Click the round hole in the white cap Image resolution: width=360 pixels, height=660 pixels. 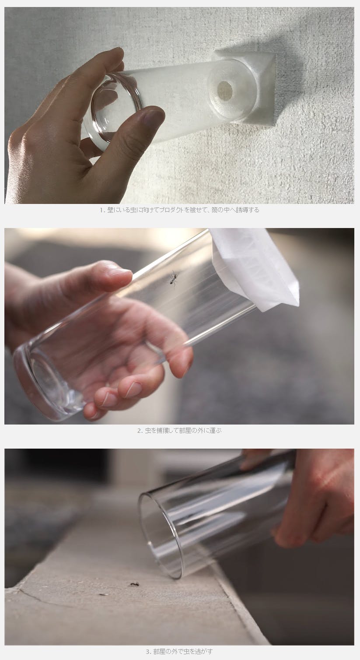coord(224,89)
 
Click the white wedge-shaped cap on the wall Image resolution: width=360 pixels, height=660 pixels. coord(243,88)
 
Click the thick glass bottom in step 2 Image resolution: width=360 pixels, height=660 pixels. coord(49,383)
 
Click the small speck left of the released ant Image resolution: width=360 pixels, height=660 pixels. coord(103,594)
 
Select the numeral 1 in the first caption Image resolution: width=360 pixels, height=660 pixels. coord(101,210)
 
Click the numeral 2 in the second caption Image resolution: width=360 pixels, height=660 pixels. coord(140,431)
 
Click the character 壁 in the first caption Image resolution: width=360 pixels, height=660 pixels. coord(110,210)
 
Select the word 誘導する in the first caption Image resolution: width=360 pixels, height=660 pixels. coord(247,210)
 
